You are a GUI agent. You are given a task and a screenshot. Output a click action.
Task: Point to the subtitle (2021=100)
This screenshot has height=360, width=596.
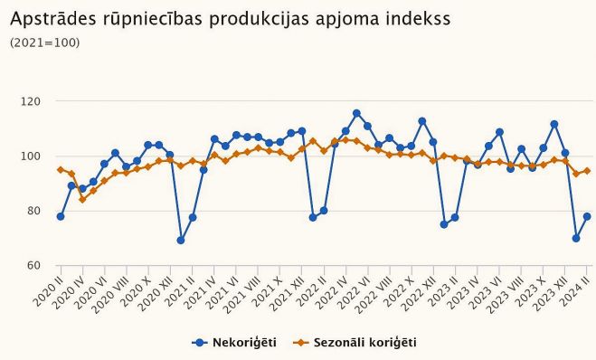tap(44, 43)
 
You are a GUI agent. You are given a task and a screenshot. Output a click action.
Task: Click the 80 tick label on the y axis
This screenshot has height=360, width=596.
tap(33, 211)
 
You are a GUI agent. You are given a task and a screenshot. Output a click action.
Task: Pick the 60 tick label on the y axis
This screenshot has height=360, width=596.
tap(33, 266)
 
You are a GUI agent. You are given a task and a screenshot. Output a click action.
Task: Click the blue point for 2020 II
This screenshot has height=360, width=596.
tap(61, 216)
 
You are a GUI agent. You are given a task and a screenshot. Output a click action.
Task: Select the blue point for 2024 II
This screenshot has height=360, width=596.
tap(587, 216)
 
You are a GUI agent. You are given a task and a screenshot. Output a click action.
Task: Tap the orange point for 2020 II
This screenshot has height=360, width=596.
tap(61, 170)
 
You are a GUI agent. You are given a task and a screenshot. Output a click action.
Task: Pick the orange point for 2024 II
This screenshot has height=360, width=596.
tap(587, 171)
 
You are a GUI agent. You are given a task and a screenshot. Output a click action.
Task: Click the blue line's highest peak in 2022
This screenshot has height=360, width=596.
tap(356, 113)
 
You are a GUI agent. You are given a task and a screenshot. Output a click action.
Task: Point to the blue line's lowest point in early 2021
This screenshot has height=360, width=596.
tap(181, 241)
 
